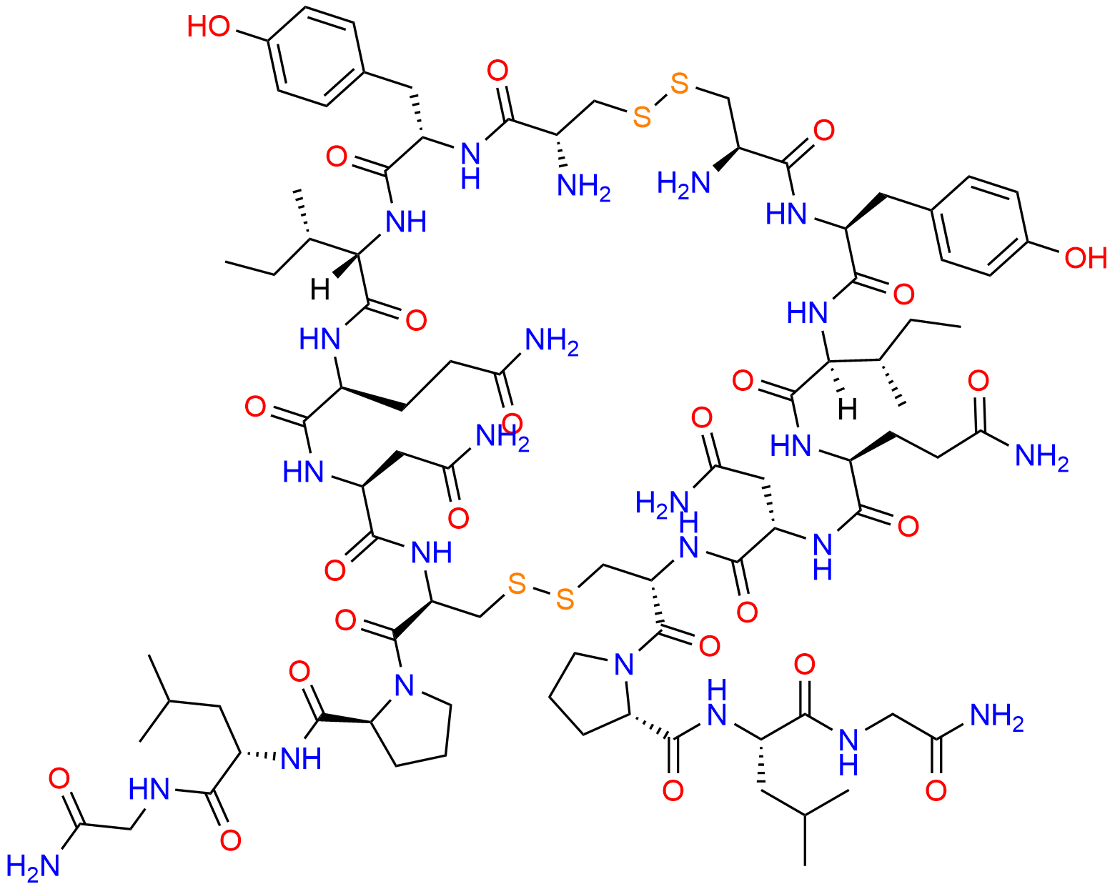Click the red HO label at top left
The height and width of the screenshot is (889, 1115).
(208, 26)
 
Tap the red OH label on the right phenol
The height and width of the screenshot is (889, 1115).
(1086, 257)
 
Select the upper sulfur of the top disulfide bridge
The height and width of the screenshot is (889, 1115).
(679, 84)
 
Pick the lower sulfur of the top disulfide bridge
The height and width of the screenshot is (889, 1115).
(642, 117)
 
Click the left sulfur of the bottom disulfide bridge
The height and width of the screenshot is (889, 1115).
(517, 585)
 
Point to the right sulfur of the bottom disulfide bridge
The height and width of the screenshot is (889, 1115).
(565, 600)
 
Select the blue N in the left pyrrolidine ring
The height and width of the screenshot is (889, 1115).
(404, 685)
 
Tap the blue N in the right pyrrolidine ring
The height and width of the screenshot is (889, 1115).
(624, 664)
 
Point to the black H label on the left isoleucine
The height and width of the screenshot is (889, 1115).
(319, 290)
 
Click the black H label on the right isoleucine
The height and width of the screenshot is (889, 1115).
(848, 410)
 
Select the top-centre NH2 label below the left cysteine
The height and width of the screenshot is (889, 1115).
(584, 187)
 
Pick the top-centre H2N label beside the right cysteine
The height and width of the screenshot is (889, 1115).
(683, 184)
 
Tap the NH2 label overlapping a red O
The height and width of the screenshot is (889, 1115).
(502, 437)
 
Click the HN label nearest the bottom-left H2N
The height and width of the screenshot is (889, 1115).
(149, 790)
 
